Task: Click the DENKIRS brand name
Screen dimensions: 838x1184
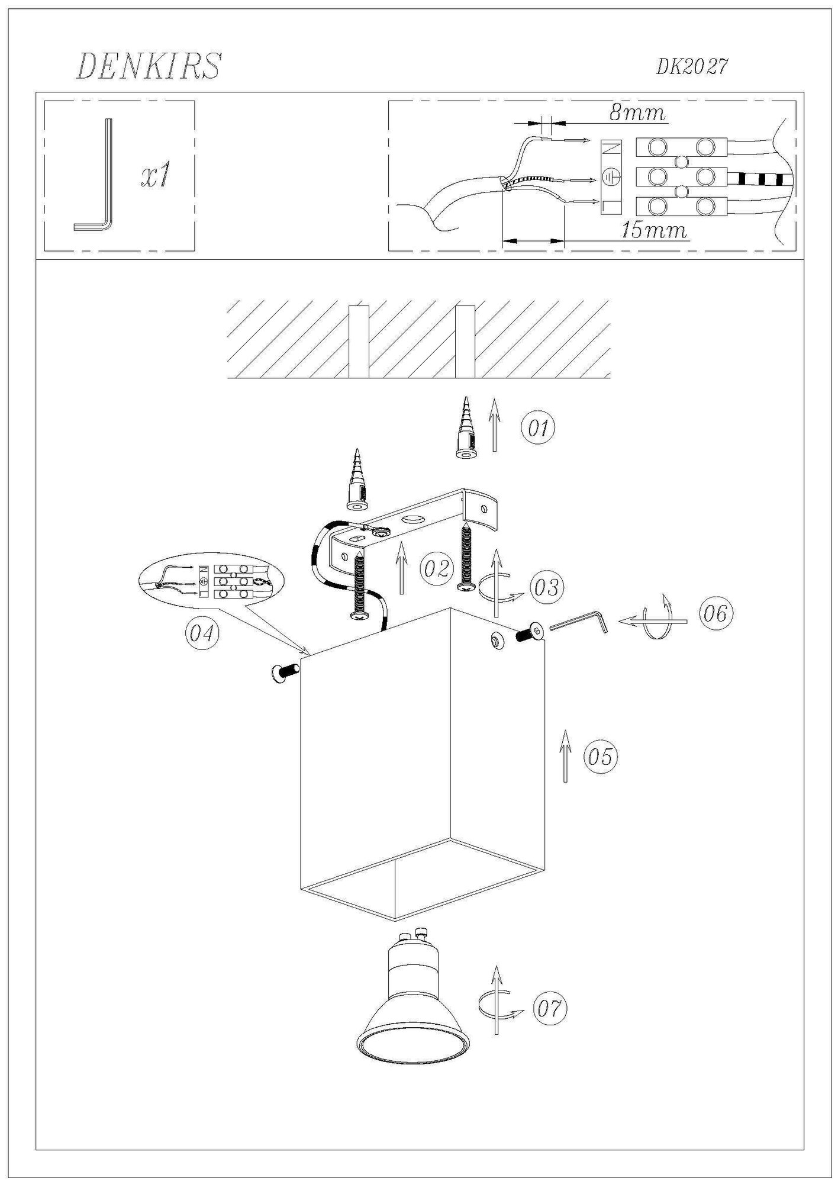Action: click(x=149, y=66)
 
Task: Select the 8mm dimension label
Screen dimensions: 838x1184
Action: click(x=637, y=112)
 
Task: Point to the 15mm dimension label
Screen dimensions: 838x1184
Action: click(x=655, y=230)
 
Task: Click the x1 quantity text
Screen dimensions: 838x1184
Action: click(x=155, y=176)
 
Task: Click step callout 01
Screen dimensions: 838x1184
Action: click(x=538, y=427)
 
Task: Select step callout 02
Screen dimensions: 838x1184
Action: click(x=437, y=569)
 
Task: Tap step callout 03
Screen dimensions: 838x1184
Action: click(x=545, y=588)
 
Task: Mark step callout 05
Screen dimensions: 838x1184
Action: click(x=601, y=756)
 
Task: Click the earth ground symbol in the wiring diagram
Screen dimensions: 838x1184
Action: click(x=610, y=176)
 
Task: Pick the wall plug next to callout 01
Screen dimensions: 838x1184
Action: click(x=466, y=427)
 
